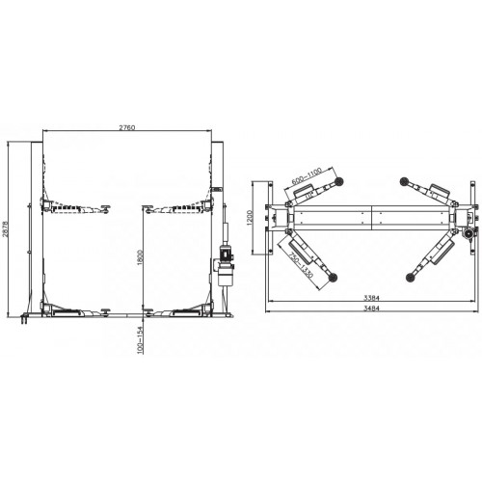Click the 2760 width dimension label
click(x=127, y=127)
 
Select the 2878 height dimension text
click(x=5, y=228)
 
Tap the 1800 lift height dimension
click(x=140, y=257)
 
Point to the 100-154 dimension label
click(x=140, y=340)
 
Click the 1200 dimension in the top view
click(x=251, y=218)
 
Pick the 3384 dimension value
click(x=371, y=298)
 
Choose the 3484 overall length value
click(x=371, y=308)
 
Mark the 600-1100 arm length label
click(x=307, y=176)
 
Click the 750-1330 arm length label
click(x=301, y=265)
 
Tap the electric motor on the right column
click(x=226, y=253)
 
